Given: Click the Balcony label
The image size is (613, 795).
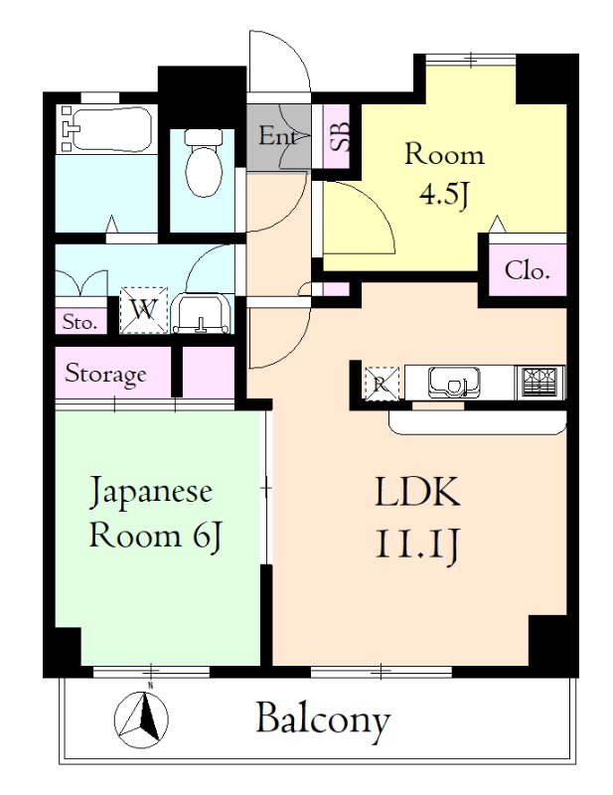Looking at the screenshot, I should (x=323, y=717).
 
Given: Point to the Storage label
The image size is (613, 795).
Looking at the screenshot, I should (x=105, y=374).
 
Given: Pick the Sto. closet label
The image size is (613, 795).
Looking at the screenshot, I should (x=78, y=322).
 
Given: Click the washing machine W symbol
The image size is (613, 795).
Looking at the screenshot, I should (x=144, y=309).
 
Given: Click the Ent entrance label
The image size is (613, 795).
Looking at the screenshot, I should (x=278, y=136).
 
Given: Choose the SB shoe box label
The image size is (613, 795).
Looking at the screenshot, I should (x=338, y=135).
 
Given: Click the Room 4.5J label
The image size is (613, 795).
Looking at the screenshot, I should (x=443, y=173).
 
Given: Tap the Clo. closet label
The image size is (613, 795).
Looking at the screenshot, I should (x=527, y=270).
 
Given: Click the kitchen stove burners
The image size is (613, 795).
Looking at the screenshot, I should (x=539, y=381).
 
